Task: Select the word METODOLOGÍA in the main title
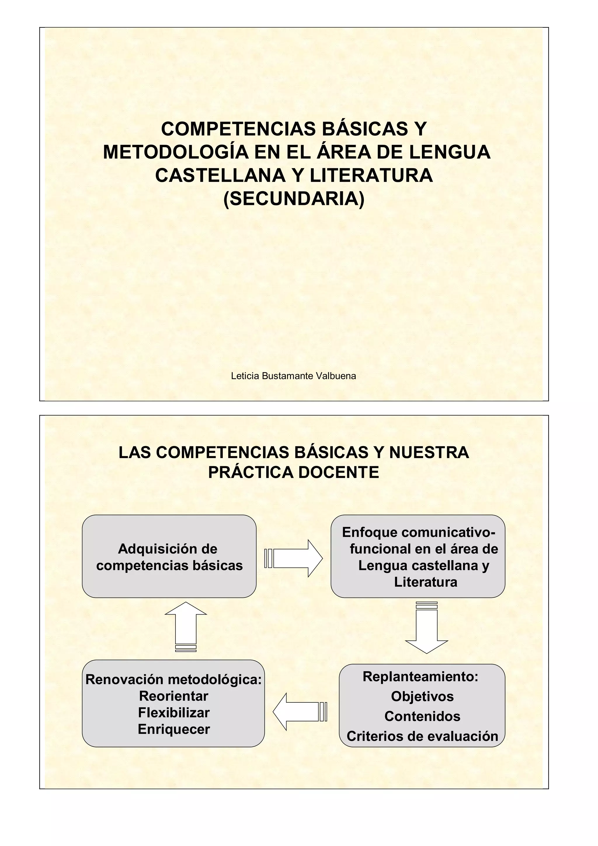(x=176, y=152)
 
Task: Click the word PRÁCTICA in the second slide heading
(x=250, y=472)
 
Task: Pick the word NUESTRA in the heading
(x=429, y=452)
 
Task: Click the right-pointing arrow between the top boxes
(x=294, y=558)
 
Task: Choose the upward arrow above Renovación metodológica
(x=186, y=627)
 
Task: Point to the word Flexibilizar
(x=174, y=713)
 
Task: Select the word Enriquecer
(x=174, y=729)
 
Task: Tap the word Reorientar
(x=174, y=696)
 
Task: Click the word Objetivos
(x=422, y=697)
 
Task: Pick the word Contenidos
(x=422, y=716)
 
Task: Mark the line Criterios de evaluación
(x=422, y=736)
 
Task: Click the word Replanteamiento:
(x=420, y=676)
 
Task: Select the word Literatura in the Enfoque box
(x=425, y=582)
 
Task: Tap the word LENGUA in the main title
(x=450, y=152)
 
